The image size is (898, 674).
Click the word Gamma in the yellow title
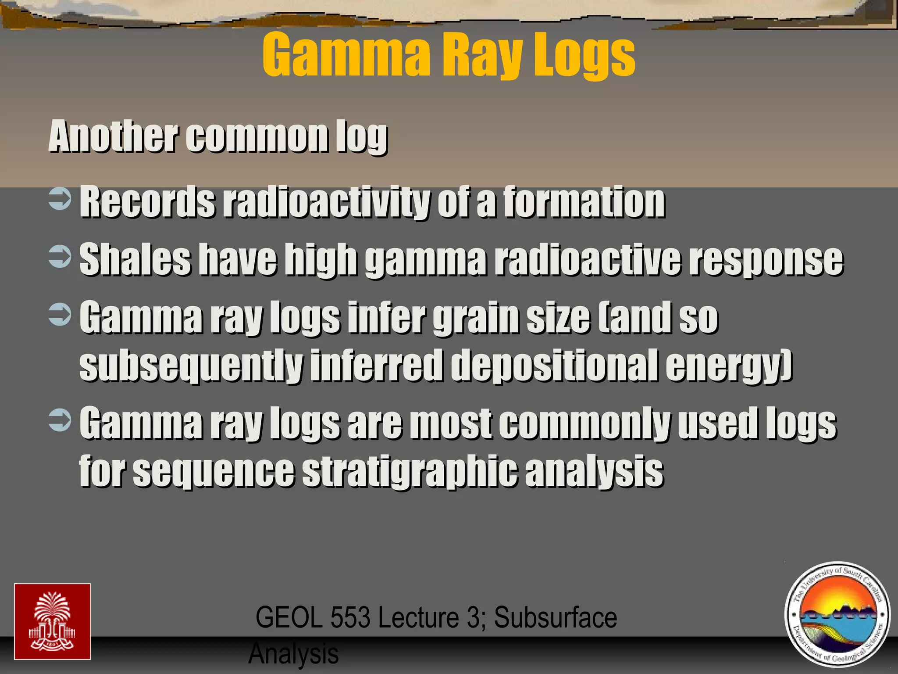[346, 56]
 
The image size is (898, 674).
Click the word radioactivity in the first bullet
[326, 202]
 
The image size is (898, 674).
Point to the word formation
[584, 202]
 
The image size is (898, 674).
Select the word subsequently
[191, 365]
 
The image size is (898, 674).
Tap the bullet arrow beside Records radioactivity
[60, 198]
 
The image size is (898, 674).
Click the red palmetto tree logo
[52, 621]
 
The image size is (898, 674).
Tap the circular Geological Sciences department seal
[837, 614]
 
